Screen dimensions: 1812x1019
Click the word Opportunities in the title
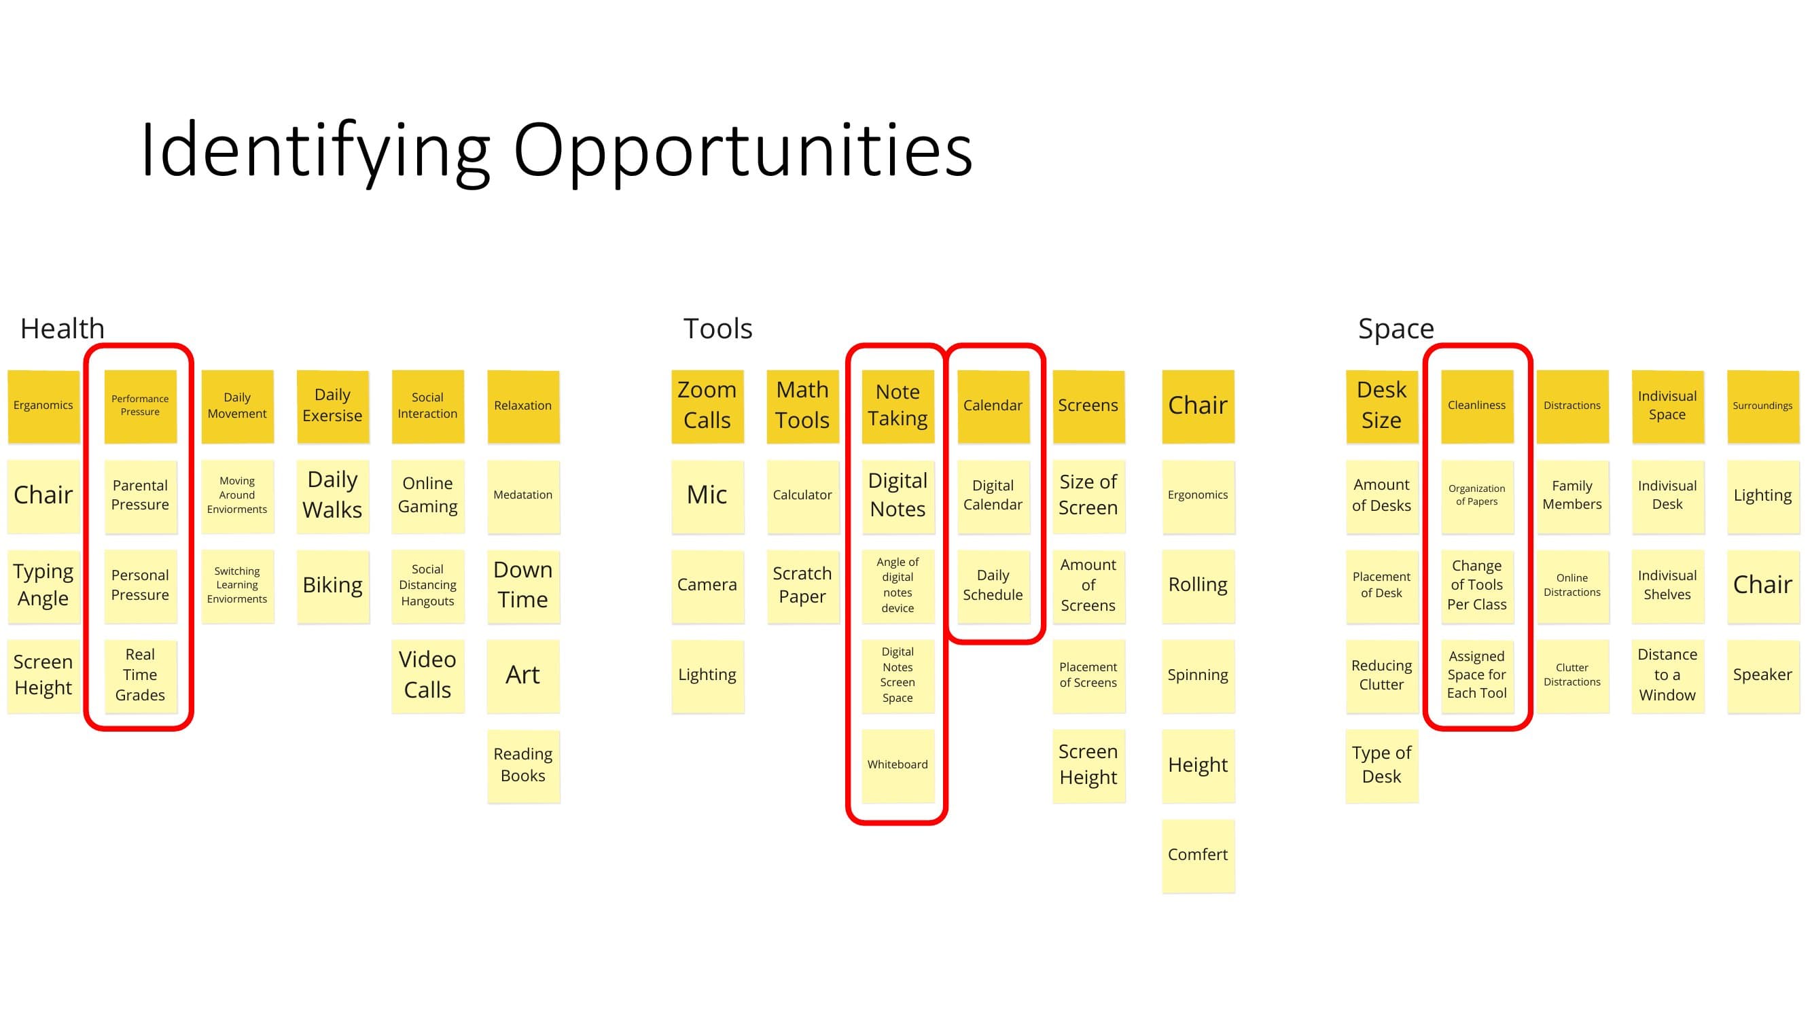coord(743,151)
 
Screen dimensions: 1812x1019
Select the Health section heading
coord(63,328)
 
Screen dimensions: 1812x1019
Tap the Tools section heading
coord(717,328)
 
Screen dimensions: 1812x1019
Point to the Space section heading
coord(1396,329)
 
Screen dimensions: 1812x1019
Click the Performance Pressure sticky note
coord(140,406)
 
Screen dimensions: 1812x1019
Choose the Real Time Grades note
coord(140,675)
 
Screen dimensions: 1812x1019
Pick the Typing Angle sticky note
coord(43,586)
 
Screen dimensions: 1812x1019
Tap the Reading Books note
coord(523,766)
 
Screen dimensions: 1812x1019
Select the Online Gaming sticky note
coord(427,496)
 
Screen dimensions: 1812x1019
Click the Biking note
coord(333,586)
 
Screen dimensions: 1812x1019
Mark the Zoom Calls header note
coord(707,406)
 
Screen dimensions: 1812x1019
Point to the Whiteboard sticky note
coord(898,766)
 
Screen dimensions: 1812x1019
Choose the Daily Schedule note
coord(993,586)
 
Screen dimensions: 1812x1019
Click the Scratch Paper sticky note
coord(802,586)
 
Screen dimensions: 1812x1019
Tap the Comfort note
coord(1198,856)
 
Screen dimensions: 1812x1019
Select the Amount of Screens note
coord(1088,586)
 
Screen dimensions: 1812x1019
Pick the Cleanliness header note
coord(1477,406)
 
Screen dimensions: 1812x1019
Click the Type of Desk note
coord(1381,766)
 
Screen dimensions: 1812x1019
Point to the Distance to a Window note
coord(1668,675)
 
